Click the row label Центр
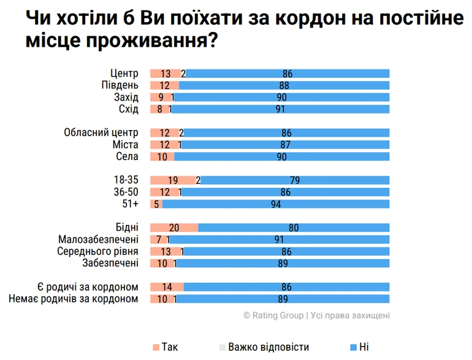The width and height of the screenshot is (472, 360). pos(124,74)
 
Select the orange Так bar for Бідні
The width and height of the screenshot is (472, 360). pos(174,228)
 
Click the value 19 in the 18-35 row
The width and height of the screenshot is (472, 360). pos(172,180)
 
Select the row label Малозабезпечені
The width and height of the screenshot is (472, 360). pos(98,239)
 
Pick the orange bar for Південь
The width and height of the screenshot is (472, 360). pos(164,85)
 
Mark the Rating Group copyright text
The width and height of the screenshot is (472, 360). pos(316,315)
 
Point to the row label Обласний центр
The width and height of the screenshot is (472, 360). pos(101,132)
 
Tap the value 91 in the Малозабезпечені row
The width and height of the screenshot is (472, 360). pos(279,239)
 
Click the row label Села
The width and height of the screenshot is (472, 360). pos(128,156)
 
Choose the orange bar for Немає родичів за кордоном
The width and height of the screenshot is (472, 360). pos(161,299)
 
